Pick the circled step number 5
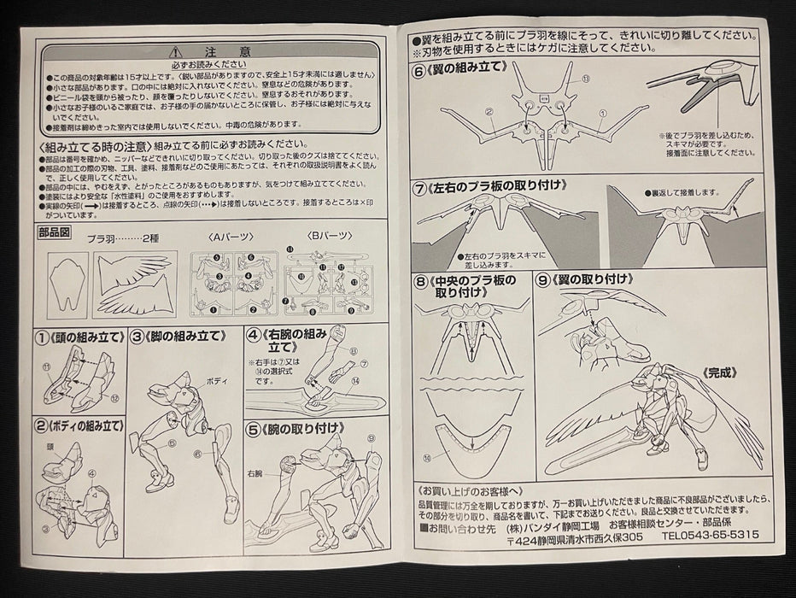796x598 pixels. coord(254,431)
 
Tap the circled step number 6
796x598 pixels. coord(419,73)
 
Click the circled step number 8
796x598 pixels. coord(421,280)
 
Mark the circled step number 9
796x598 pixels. coord(544,278)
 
